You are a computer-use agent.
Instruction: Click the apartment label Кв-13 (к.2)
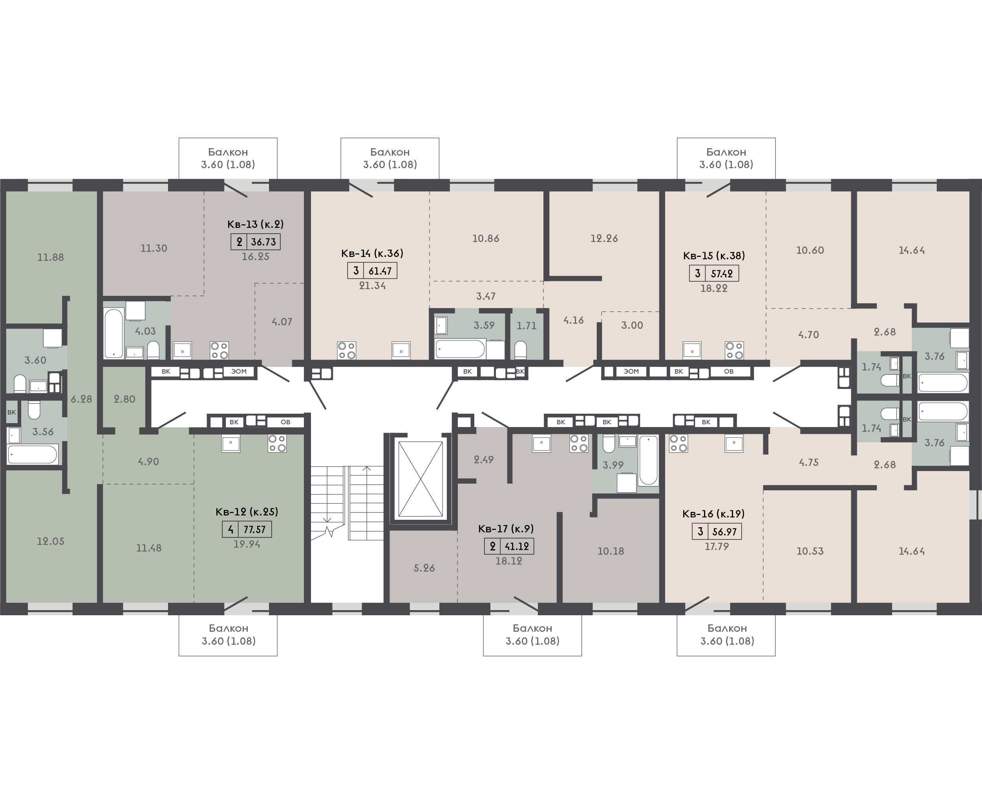click(x=256, y=224)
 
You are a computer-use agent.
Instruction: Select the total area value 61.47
click(x=380, y=271)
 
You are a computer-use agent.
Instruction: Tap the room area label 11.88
click(x=50, y=257)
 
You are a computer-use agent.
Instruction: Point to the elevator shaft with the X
click(x=421, y=479)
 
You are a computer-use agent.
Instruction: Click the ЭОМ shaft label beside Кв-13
click(x=239, y=371)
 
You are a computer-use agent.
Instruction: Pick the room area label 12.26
click(x=604, y=238)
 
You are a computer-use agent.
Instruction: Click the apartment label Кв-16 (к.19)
click(x=713, y=513)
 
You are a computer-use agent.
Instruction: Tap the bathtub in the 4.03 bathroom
click(x=114, y=333)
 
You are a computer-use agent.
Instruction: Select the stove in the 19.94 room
click(x=277, y=443)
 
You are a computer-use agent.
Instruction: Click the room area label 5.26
click(x=424, y=568)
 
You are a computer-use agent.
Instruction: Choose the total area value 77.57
click(x=255, y=530)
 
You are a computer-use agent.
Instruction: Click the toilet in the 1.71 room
click(x=520, y=350)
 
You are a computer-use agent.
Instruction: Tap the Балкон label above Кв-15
click(x=726, y=152)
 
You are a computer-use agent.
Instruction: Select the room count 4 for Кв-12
click(x=230, y=530)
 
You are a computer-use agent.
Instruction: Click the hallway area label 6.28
click(x=81, y=399)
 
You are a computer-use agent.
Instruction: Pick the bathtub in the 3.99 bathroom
click(x=648, y=460)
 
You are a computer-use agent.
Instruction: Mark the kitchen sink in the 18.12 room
click(x=541, y=443)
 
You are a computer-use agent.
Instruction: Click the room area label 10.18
click(x=611, y=551)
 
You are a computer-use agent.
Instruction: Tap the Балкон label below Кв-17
click(x=532, y=629)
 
